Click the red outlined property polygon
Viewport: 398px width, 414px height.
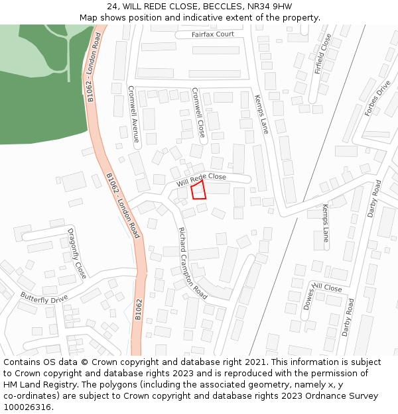(198, 191)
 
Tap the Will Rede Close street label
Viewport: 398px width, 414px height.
(201, 180)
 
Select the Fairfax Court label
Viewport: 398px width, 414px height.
(213, 34)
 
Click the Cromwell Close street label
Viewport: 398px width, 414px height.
(198, 113)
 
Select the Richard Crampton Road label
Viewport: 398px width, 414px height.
(192, 262)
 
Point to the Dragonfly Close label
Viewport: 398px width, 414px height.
(77, 253)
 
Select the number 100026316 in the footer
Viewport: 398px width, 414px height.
(27, 407)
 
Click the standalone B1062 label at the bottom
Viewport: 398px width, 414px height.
(139, 310)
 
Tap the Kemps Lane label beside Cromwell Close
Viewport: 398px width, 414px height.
(261, 114)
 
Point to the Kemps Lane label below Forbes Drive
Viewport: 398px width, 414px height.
(325, 223)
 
